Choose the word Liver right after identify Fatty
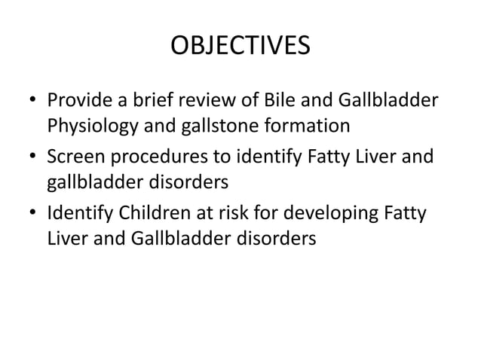377,158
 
